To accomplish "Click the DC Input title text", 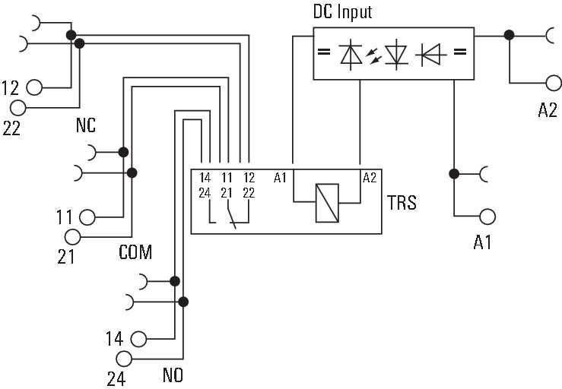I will point(343,13).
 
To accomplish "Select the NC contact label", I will point(85,126).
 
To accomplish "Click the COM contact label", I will point(135,252).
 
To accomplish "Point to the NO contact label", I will point(173,375).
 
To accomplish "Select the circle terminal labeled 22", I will point(17,108).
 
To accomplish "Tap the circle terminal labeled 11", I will point(87,217).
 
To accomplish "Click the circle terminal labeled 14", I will point(138,339).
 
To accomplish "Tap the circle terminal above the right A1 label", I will point(488,216).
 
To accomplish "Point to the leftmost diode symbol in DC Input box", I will point(351,53).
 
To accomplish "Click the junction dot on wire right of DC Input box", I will point(509,35).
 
